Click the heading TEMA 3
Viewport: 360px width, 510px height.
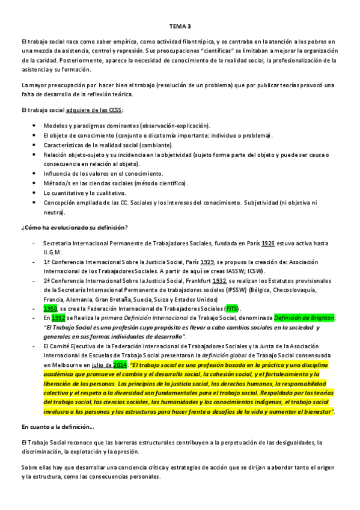pyautogui.click(x=180, y=27)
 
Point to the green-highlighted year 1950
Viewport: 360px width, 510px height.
pyautogui.click(x=50, y=308)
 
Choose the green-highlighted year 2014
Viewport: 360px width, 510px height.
pyautogui.click(x=119, y=364)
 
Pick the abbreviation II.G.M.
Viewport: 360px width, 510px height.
pyautogui.click(x=53, y=253)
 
